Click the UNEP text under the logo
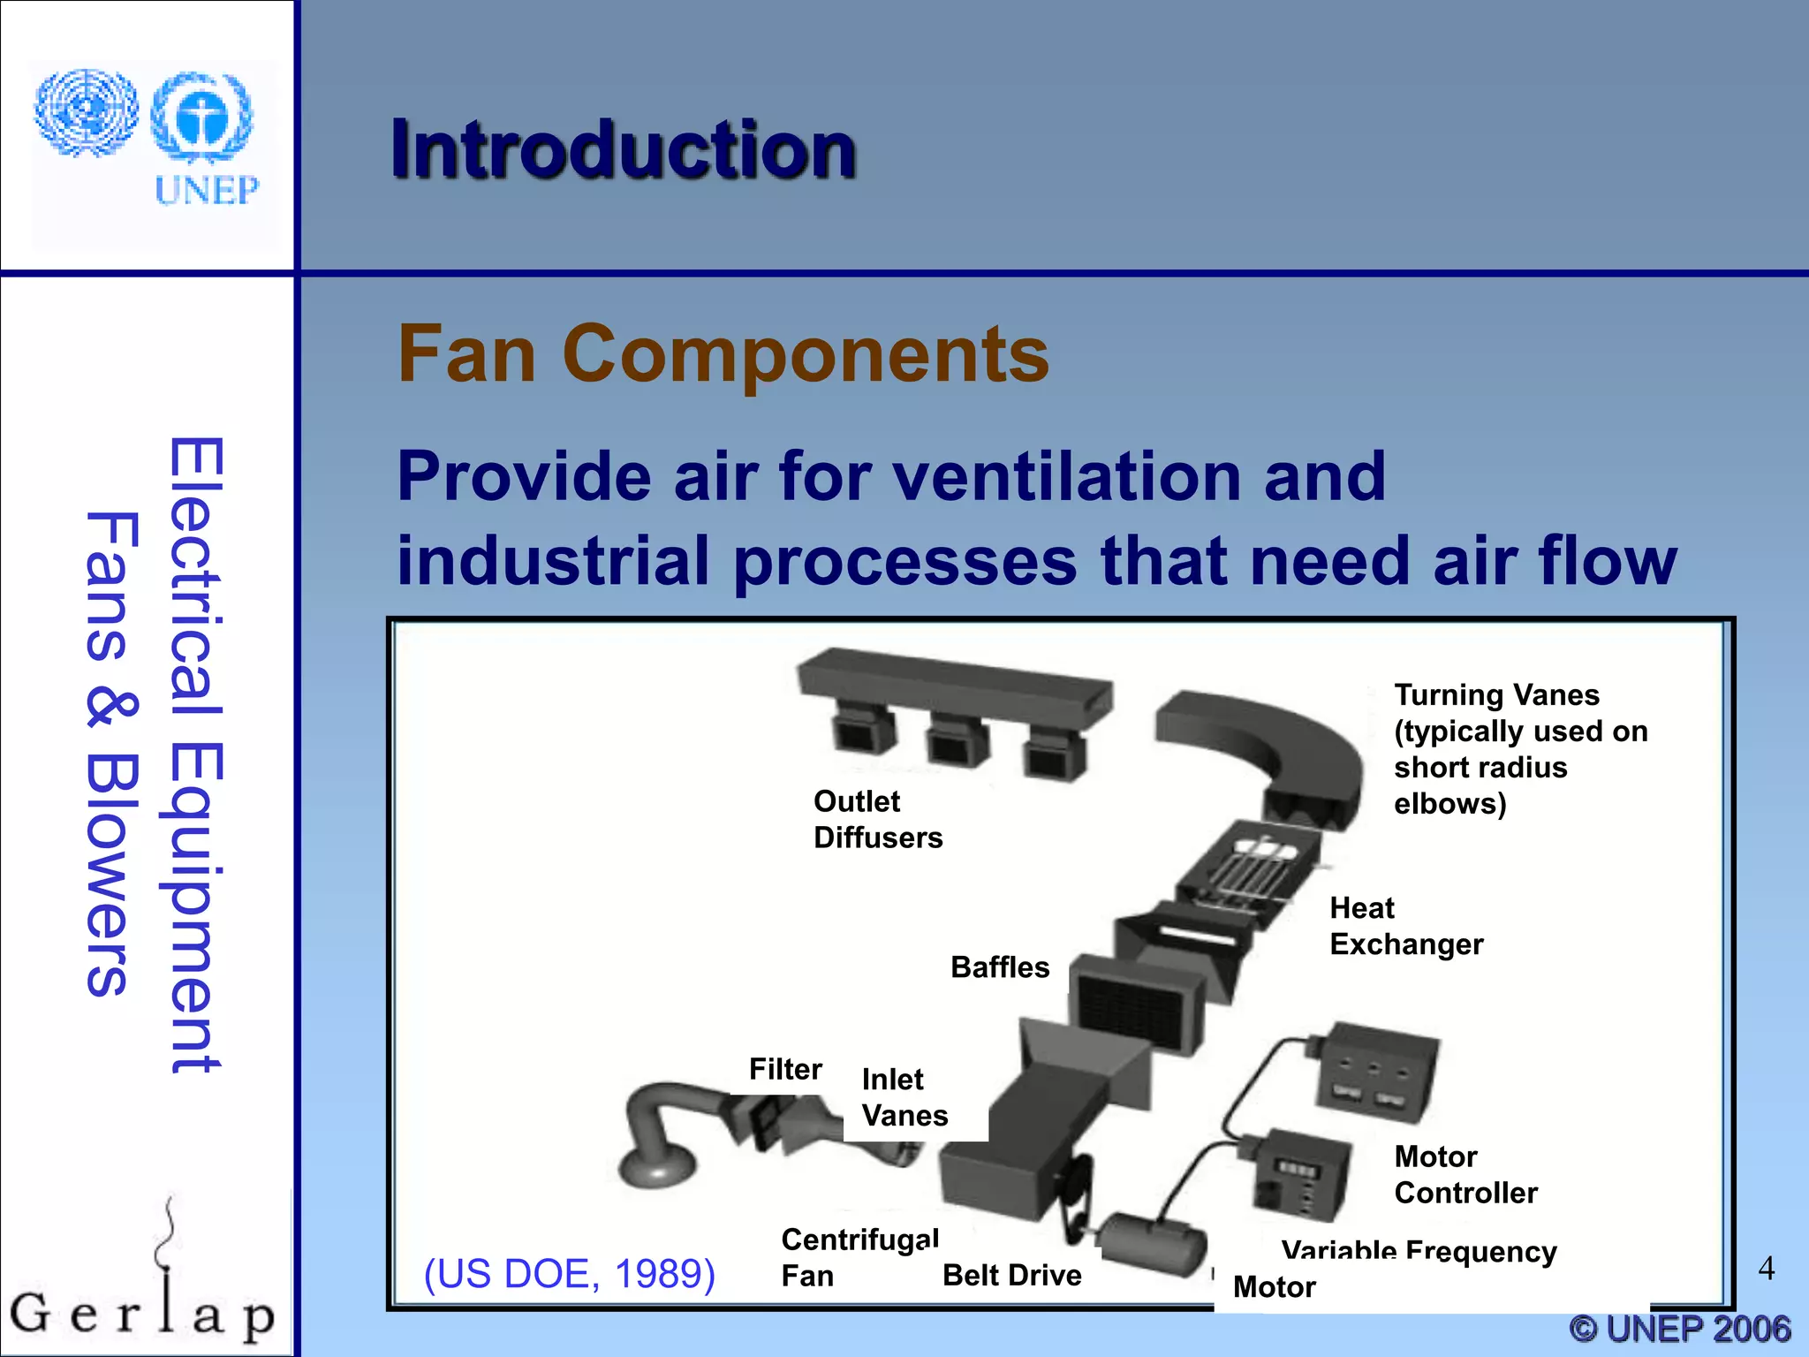(x=207, y=190)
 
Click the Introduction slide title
(x=624, y=150)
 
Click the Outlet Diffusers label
(x=877, y=819)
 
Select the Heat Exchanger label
(x=1405, y=926)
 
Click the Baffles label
(x=999, y=967)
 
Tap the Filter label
(x=784, y=1069)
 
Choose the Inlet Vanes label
(x=904, y=1097)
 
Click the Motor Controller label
(x=1465, y=1174)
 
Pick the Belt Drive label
(x=1011, y=1275)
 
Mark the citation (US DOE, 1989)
(x=569, y=1274)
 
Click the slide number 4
(x=1766, y=1269)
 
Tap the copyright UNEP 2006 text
(x=1679, y=1329)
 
